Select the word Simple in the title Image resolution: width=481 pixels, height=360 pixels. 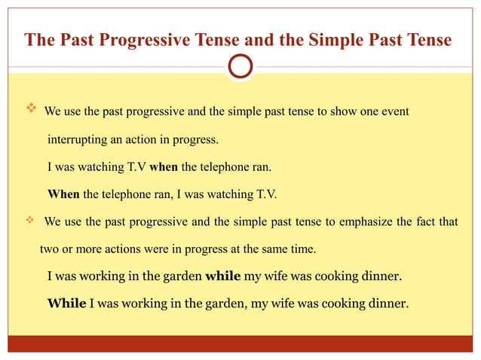[325, 39]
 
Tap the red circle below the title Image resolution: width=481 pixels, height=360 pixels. [240, 66]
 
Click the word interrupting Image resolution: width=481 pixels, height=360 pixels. [79, 140]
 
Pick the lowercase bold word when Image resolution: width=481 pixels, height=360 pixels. [164, 167]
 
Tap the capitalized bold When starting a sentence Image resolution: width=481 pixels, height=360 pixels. [63, 194]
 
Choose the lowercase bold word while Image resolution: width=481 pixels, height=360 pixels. [222, 276]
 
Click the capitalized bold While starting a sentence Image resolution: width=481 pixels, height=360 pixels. [66, 304]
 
